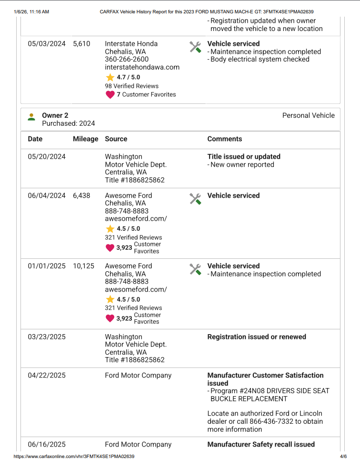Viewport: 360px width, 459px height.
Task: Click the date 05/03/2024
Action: (47, 44)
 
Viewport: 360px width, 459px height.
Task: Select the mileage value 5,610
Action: (81, 44)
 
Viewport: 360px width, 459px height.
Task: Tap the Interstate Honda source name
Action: (131, 44)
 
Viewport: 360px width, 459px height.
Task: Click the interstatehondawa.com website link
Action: (142, 67)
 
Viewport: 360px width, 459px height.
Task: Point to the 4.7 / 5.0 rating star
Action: (110, 77)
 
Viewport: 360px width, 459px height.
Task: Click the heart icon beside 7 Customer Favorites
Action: (110, 94)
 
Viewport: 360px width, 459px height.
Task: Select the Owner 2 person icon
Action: (31, 117)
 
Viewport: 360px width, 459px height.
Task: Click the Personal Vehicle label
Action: (308, 115)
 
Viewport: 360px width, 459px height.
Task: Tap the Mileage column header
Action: (85, 139)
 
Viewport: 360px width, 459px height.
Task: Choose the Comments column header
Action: (224, 139)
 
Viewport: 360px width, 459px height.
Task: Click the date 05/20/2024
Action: (47, 157)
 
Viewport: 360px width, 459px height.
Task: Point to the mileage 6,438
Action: (81, 196)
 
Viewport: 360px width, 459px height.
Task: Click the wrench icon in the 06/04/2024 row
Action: (195, 199)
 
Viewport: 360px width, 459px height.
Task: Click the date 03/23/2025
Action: (47, 337)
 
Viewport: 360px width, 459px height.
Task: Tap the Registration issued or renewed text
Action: (256, 337)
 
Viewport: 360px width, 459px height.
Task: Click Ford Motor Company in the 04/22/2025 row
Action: (138, 376)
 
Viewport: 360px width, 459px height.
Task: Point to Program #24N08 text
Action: (234, 391)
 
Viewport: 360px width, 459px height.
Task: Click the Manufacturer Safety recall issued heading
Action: (260, 445)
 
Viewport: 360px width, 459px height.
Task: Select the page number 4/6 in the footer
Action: (343, 456)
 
